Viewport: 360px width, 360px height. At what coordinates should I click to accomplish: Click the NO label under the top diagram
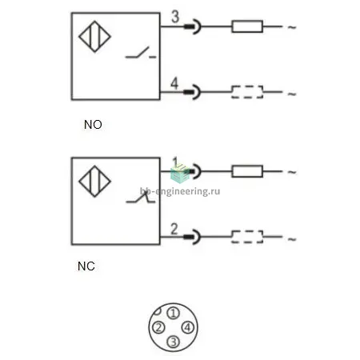pyautogui.click(x=93, y=125)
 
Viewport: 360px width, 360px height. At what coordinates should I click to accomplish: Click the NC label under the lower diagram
pyautogui.click(x=86, y=266)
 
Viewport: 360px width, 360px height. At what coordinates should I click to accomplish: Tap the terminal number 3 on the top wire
pyautogui.click(x=175, y=17)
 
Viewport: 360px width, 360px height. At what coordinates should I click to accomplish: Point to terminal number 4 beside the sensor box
pyautogui.click(x=174, y=83)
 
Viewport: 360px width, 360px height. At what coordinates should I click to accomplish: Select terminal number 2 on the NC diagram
pyautogui.click(x=174, y=229)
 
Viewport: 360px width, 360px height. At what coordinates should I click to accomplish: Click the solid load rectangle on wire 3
pyautogui.click(x=247, y=26)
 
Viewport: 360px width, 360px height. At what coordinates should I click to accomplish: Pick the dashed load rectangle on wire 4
pyautogui.click(x=247, y=92)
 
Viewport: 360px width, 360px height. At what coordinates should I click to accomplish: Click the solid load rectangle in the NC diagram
pyautogui.click(x=247, y=171)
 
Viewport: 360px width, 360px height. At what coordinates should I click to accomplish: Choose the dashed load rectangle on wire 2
pyautogui.click(x=247, y=237)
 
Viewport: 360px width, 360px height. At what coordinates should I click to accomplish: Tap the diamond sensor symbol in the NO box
pyautogui.click(x=94, y=37)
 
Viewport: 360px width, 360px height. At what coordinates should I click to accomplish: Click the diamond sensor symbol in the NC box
pyautogui.click(x=94, y=182)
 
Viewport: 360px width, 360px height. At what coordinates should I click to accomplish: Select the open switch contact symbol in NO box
pyautogui.click(x=141, y=53)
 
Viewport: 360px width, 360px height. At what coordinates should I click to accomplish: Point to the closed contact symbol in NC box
pyautogui.click(x=141, y=198)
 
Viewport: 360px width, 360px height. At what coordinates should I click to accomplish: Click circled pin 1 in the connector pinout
pyautogui.click(x=174, y=313)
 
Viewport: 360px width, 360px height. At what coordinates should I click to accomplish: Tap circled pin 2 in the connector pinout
pyautogui.click(x=158, y=327)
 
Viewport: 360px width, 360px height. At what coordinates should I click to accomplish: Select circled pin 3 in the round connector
pyautogui.click(x=174, y=342)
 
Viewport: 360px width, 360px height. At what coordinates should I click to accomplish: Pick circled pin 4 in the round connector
pyautogui.click(x=188, y=327)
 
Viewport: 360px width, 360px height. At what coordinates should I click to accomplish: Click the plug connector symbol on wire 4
pyautogui.click(x=192, y=92)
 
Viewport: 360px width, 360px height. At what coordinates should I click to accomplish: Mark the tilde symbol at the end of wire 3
pyautogui.click(x=292, y=27)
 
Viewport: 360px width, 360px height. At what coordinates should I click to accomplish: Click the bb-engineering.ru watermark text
pyautogui.click(x=180, y=191)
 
